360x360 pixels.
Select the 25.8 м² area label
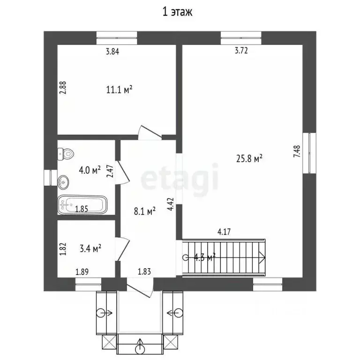[x=248, y=159]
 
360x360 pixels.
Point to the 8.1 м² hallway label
[x=144, y=212]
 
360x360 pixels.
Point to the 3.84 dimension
[x=112, y=52]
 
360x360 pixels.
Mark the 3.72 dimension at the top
[x=240, y=52]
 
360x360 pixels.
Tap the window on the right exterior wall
[x=310, y=152]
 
